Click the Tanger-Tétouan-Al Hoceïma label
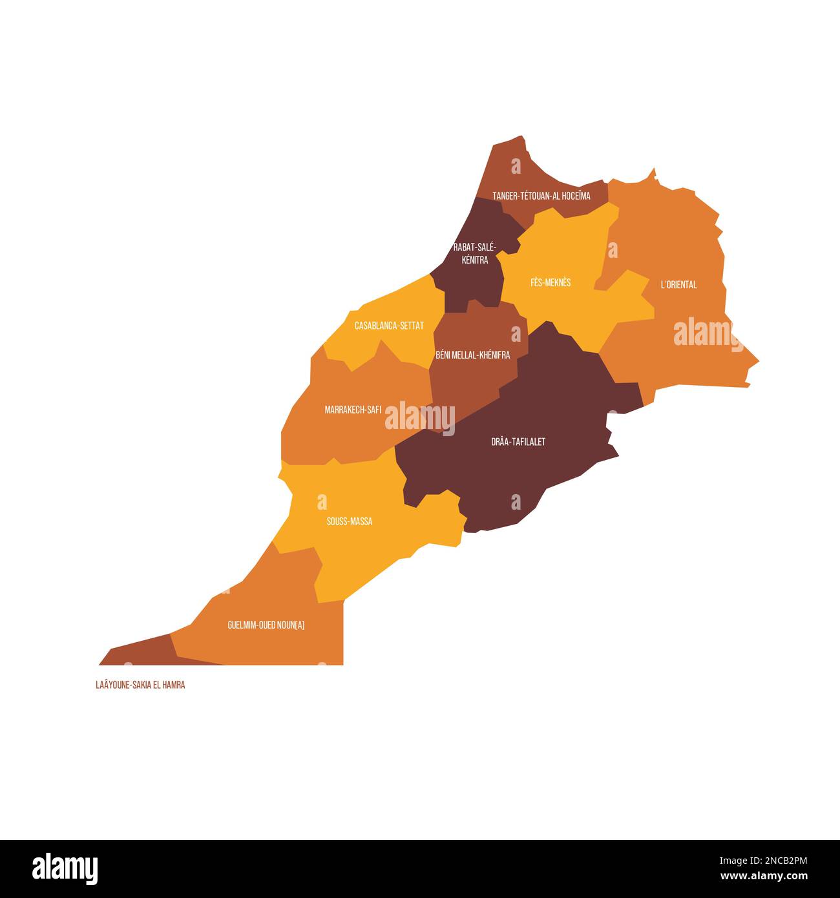click(541, 196)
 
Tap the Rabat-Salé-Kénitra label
click(475, 253)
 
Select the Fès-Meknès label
click(551, 282)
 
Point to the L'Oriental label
click(678, 284)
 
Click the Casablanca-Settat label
click(389, 326)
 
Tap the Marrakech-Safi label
click(353, 409)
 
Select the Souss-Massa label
click(349, 521)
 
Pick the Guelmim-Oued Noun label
click(266, 625)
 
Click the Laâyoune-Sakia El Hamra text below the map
click(140, 685)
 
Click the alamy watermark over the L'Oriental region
click(708, 333)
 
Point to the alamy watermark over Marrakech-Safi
click(420, 417)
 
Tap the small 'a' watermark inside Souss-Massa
click(322, 501)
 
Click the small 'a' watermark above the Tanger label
click(516, 167)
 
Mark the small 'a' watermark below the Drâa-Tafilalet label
click(516, 502)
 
